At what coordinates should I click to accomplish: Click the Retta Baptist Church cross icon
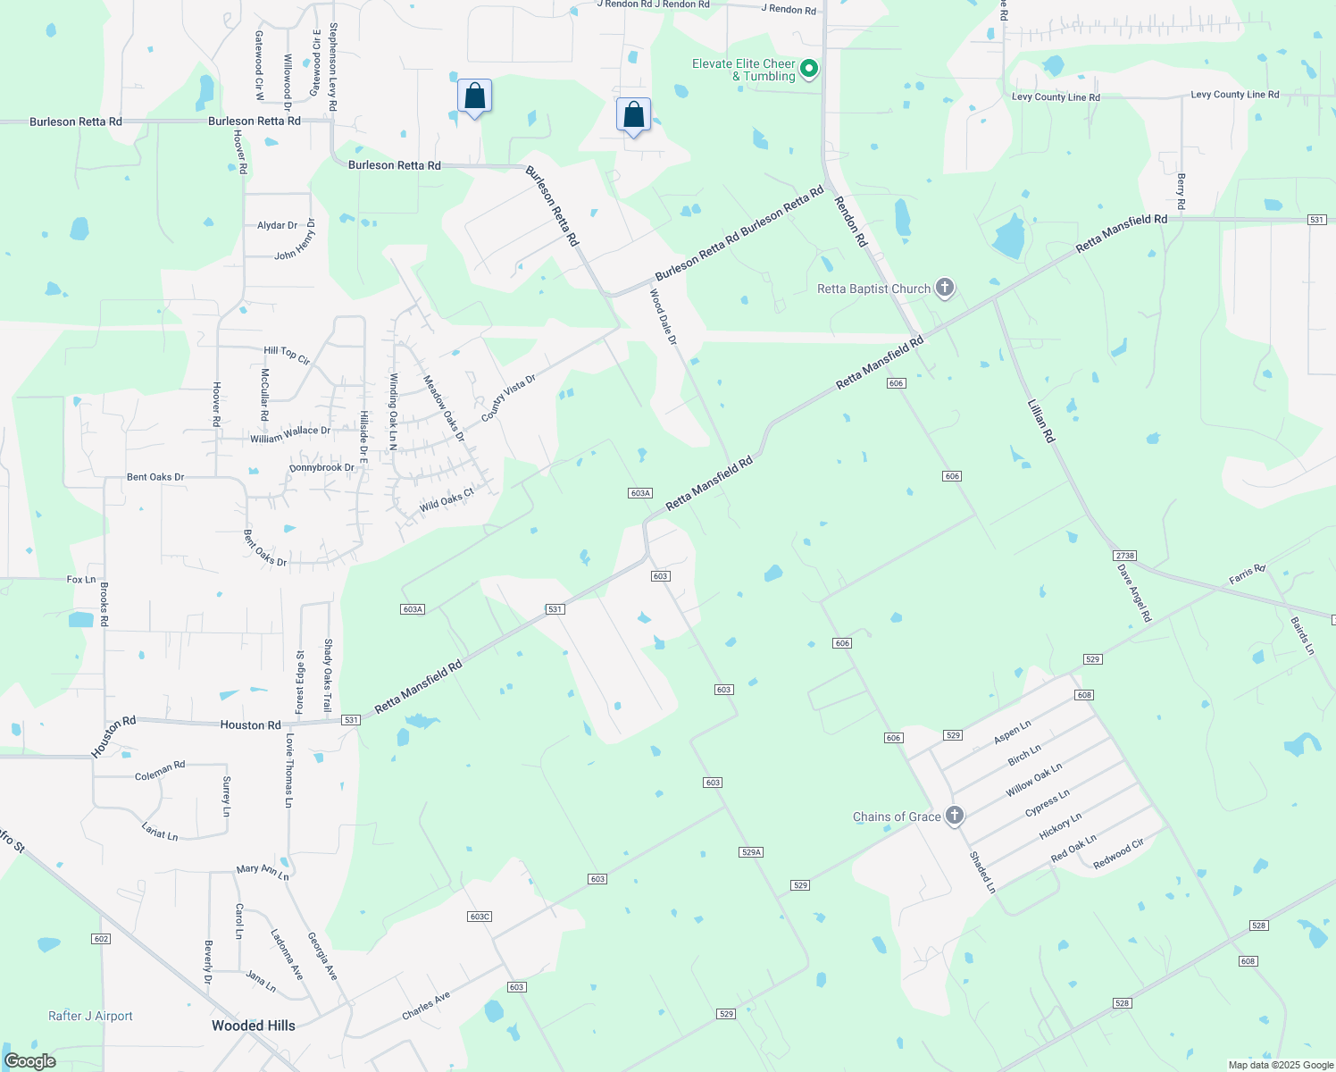(945, 289)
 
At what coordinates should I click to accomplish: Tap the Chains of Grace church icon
(955, 816)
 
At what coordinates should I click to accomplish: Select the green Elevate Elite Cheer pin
(809, 68)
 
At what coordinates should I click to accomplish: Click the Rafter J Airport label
(90, 1016)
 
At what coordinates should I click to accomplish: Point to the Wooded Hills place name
(253, 1026)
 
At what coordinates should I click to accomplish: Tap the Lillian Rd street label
(1041, 421)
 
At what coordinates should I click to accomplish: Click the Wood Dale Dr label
(663, 317)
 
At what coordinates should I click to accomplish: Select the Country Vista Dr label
(508, 398)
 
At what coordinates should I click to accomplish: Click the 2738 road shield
(1124, 556)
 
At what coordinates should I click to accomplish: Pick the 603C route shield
(480, 917)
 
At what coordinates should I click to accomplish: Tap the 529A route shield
(751, 852)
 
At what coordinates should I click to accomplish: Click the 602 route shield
(101, 939)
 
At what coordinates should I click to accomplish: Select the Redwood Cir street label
(1118, 854)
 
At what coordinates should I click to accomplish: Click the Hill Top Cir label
(287, 356)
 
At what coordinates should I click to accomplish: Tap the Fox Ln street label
(81, 580)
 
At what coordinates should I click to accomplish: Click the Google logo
(29, 1061)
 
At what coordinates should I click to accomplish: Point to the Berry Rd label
(1181, 192)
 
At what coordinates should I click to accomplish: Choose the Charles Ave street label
(426, 1006)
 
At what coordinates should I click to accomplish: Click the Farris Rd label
(1247, 574)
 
